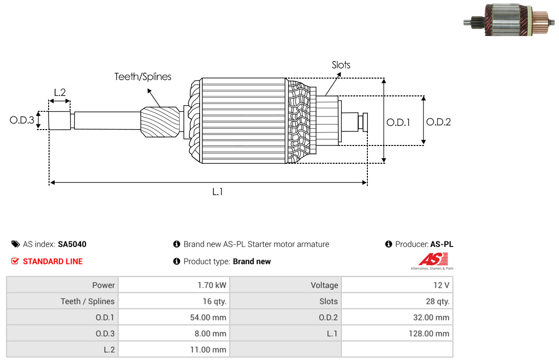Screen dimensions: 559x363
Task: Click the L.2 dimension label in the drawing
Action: (x=60, y=93)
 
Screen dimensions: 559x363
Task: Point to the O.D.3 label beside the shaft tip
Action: (x=22, y=120)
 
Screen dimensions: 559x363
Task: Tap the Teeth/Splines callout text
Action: (x=143, y=77)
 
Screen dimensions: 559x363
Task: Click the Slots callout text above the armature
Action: (x=341, y=65)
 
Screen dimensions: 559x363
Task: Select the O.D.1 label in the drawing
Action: (x=398, y=123)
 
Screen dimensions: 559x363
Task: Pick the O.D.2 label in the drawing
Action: (x=438, y=122)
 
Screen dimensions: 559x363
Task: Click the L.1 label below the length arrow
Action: (x=217, y=192)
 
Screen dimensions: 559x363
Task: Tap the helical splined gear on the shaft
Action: (x=160, y=122)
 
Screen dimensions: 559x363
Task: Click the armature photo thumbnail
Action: (x=509, y=20)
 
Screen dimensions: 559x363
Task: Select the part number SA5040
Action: (x=72, y=244)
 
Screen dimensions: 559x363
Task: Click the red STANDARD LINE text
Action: (x=53, y=261)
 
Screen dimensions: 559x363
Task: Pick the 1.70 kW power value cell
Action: (x=212, y=285)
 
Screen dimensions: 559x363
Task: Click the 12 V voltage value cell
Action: (x=441, y=285)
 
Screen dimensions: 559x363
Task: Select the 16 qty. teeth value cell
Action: (x=215, y=301)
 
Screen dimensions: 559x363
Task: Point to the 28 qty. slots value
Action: (x=437, y=301)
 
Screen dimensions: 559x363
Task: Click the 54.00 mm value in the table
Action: (x=208, y=317)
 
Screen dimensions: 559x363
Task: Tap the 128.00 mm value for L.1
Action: (x=429, y=334)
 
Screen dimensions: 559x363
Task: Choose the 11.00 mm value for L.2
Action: (x=208, y=349)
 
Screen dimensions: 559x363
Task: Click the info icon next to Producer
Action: (x=388, y=244)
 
